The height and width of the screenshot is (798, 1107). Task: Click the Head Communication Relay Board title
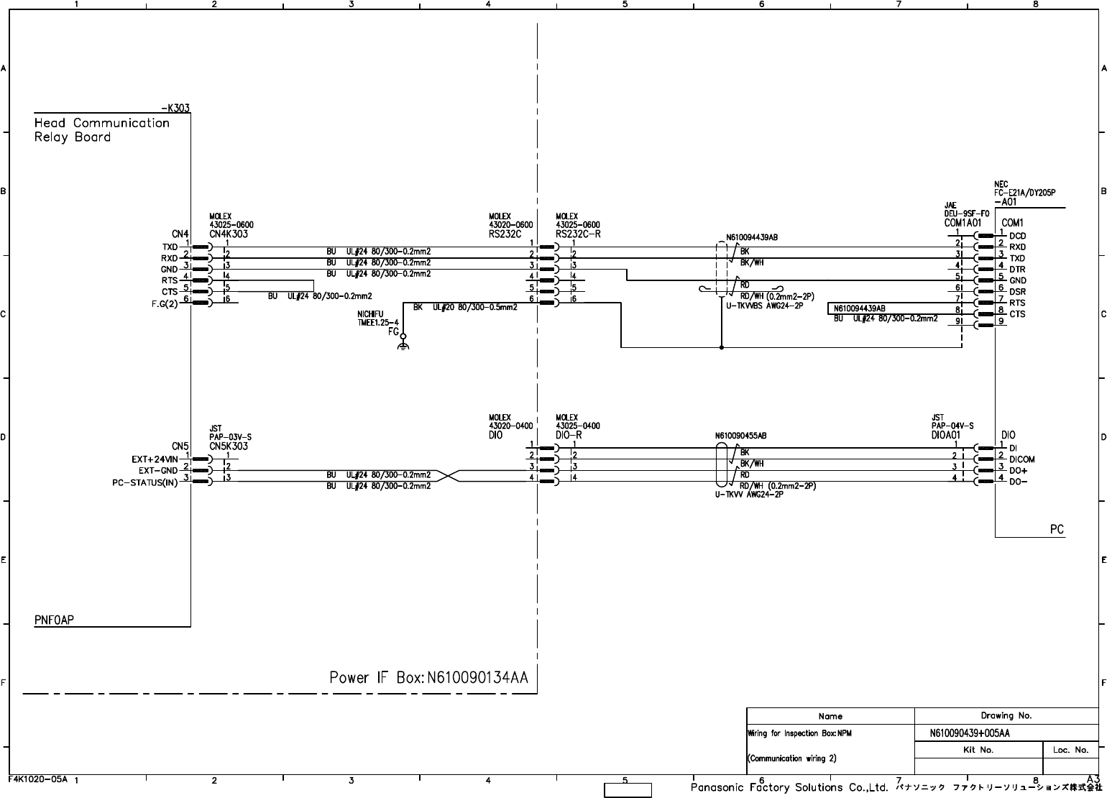[x=101, y=129]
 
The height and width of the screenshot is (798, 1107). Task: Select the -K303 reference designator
[x=175, y=109]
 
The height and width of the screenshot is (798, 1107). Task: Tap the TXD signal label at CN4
[x=170, y=247]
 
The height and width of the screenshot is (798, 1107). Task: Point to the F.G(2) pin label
[x=165, y=303]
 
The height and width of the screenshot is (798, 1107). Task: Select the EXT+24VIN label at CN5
[x=155, y=459]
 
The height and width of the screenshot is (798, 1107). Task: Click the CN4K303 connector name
[x=229, y=234]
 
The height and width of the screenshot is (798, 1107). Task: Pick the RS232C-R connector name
[x=578, y=234]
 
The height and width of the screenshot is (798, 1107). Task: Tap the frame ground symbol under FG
[x=403, y=347]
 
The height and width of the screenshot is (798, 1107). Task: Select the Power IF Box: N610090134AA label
[x=428, y=677]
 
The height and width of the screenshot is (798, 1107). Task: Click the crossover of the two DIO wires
[x=446, y=476]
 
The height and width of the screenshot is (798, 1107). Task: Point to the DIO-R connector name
[x=569, y=435]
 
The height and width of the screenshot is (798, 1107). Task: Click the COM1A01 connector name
[x=963, y=223]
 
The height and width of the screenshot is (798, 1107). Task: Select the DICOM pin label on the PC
[x=1022, y=459]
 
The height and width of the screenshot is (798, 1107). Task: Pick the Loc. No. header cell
[x=1070, y=750]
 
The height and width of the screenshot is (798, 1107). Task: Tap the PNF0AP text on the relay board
[x=54, y=620]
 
